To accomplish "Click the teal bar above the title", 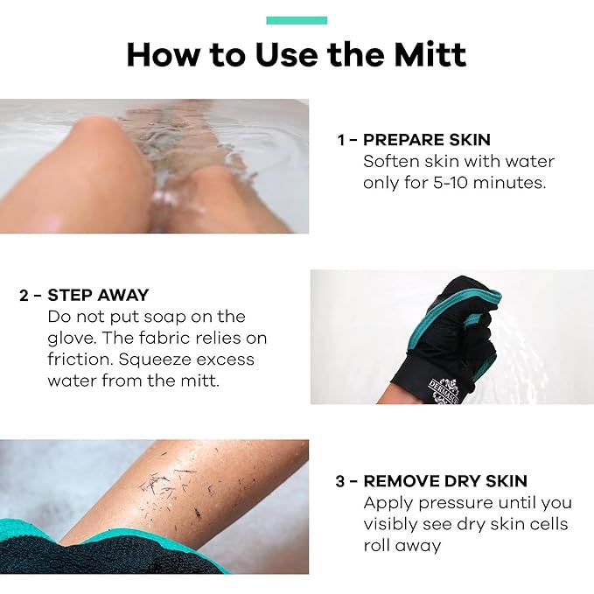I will click(297, 20).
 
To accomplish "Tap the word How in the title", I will click(158, 55).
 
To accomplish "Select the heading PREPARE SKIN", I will click(427, 140).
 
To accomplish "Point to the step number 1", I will click(342, 140).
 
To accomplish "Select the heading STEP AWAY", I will click(98, 295).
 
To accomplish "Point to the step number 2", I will click(24, 295).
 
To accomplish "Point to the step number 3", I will click(341, 481).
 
